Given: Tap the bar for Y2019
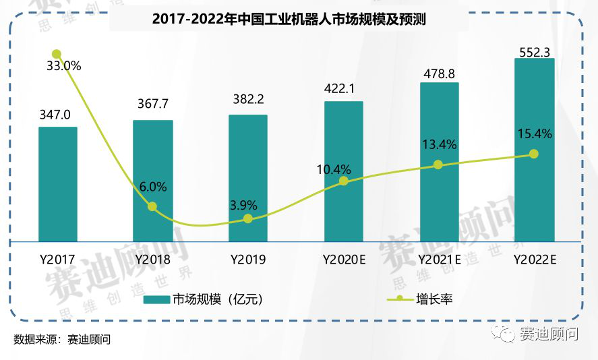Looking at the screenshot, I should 248,177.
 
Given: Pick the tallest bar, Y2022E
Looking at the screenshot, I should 534,149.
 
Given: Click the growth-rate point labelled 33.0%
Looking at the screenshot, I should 57,54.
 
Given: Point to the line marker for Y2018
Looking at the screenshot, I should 152,206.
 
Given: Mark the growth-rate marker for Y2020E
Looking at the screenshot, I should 344,181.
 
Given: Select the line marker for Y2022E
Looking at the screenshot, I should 534,154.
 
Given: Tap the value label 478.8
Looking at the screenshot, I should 439,73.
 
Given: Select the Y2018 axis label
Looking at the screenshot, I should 152,259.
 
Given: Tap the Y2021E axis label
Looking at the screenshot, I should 439,259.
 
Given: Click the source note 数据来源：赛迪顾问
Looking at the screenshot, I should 62,339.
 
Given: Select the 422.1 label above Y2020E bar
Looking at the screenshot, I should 343,88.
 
